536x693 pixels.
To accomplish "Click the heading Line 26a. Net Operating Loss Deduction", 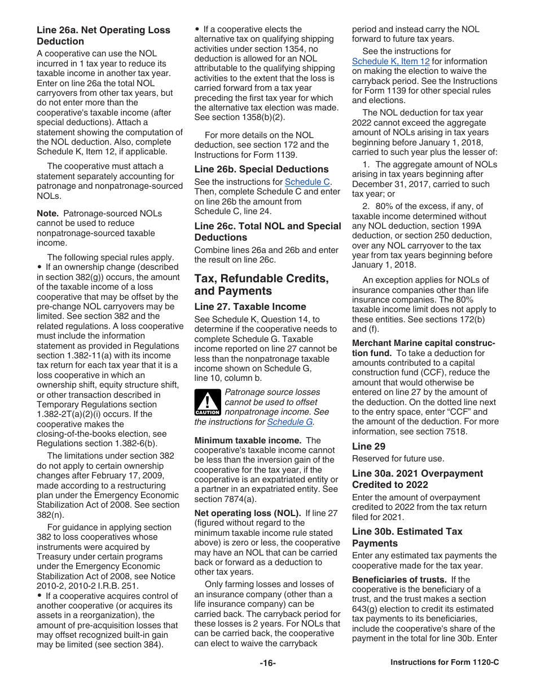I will pos(103,35).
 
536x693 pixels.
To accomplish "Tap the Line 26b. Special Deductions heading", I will pos(253,169).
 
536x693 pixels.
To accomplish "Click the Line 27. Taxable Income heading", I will pos(250,306).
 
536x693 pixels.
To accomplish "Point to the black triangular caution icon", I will pos(207,402).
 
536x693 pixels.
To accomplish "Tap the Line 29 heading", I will pos(368,446).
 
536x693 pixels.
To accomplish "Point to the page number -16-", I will pos(267,663).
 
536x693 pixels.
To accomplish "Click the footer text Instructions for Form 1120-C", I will pos(445,663).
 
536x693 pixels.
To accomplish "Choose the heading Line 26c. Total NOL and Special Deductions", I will pos(267,232).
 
